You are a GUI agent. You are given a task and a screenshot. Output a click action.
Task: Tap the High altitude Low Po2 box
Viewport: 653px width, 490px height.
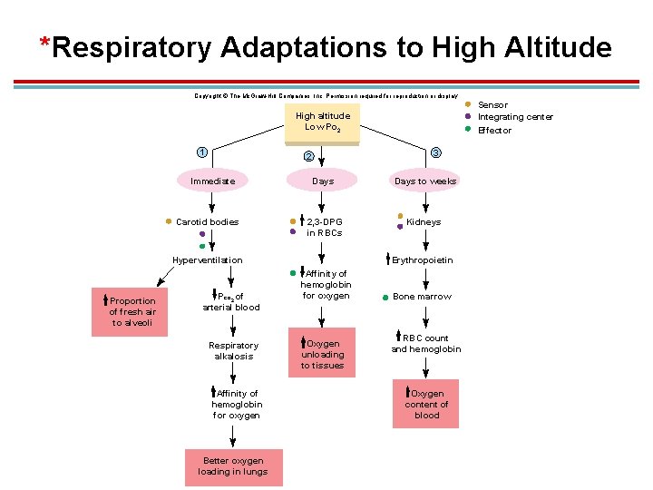pos(322,122)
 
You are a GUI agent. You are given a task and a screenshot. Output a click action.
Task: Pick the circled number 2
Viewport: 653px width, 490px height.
pos(309,156)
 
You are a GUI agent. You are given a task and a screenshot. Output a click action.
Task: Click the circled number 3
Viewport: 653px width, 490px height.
pos(436,152)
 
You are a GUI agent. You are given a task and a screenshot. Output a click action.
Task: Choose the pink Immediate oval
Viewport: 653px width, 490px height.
pos(212,181)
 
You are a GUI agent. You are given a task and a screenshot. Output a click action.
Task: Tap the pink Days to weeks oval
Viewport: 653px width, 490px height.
pos(425,181)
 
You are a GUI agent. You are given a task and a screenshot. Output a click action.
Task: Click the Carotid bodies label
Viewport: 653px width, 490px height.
pos(208,221)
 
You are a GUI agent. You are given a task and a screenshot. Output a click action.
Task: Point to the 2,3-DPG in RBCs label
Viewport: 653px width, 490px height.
pos(324,227)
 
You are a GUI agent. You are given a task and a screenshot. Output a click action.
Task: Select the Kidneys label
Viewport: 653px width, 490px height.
pos(424,221)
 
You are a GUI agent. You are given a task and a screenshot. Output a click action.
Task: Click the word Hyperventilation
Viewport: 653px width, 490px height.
pos(208,260)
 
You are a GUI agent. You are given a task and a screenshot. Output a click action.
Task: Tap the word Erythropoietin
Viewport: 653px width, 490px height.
pos(423,260)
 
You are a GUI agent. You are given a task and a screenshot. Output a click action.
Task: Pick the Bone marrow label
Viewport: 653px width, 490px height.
pos(422,297)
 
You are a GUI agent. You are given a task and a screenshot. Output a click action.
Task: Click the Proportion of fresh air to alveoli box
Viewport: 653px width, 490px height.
pos(132,311)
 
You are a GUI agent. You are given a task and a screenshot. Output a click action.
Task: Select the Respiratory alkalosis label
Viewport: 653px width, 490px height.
pos(233,350)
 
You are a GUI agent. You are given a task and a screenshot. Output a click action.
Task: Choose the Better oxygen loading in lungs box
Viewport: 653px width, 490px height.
pos(234,466)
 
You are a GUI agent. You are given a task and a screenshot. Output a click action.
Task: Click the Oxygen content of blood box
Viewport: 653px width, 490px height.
pos(426,405)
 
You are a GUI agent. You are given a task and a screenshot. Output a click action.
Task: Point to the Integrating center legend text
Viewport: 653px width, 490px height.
pos(515,117)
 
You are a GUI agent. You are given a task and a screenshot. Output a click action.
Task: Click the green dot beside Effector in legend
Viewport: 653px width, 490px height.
pos(468,129)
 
